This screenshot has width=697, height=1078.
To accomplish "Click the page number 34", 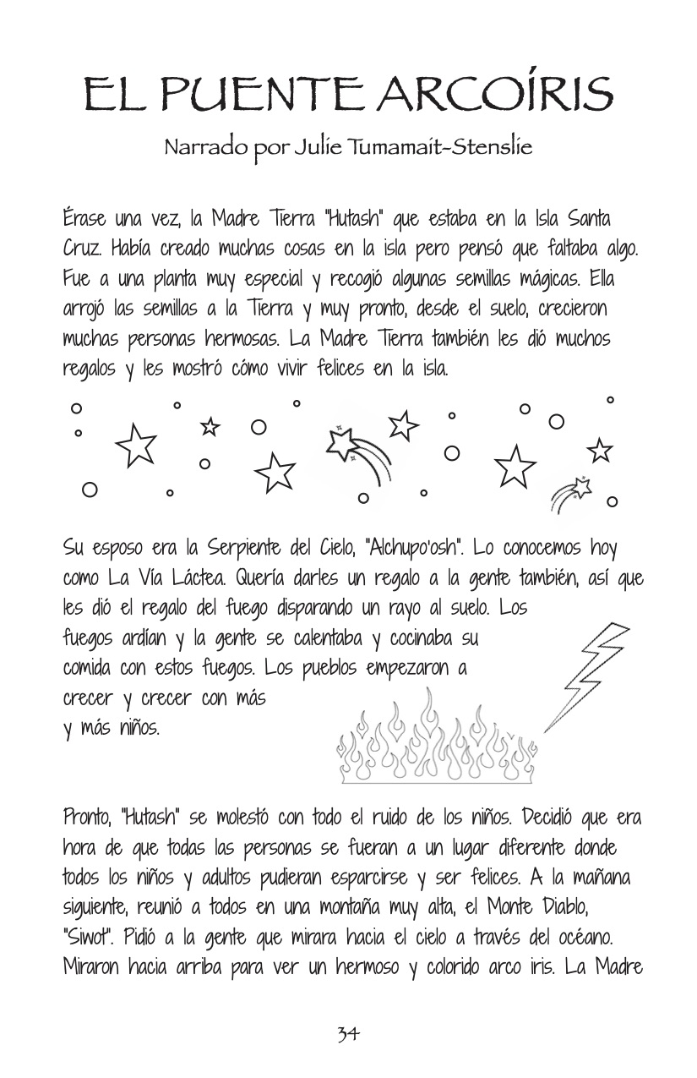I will pyautogui.click(x=348, y=1033).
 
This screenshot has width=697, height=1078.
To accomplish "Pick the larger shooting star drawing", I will pyautogui.click(x=359, y=451).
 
